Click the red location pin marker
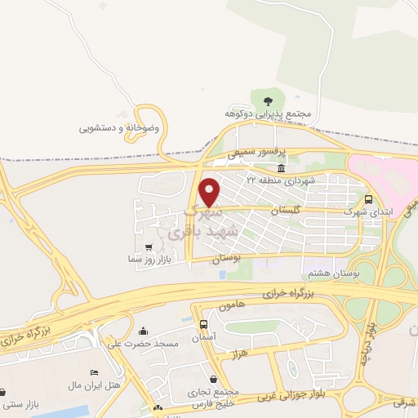pyautogui.click(x=210, y=192)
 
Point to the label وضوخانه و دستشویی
pyautogui.click(x=119, y=128)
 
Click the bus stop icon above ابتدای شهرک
pyautogui.click(x=368, y=198)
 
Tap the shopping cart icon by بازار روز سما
pyautogui.click(x=148, y=247)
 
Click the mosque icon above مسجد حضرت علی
pyautogui.click(x=145, y=331)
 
